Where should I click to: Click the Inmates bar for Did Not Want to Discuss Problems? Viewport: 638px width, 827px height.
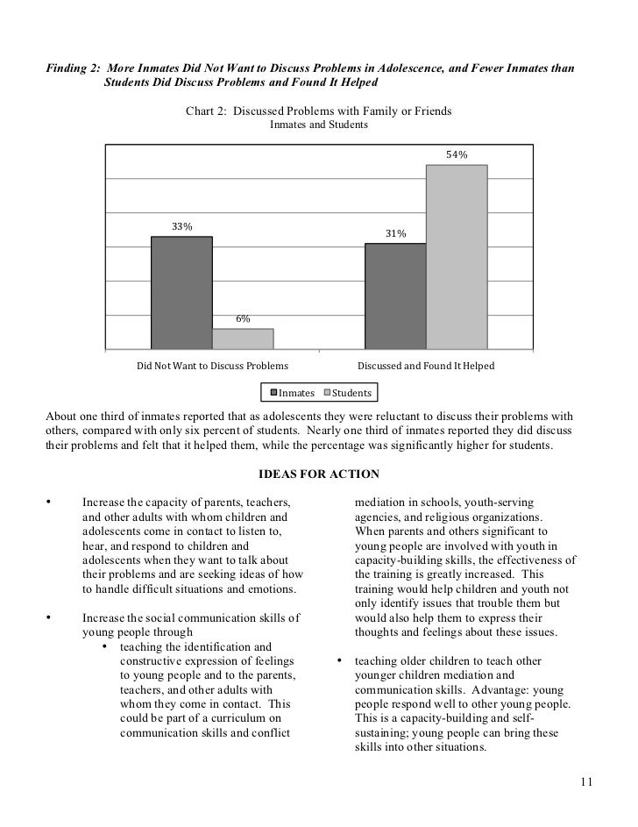pos(181,293)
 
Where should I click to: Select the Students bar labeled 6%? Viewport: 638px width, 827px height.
pos(243,339)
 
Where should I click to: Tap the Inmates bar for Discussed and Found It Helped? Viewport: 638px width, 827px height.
pos(395,296)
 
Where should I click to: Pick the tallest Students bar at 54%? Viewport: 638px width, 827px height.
pos(457,257)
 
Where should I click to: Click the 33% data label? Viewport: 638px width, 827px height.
pos(181,227)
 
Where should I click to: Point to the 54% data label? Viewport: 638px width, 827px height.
pos(457,154)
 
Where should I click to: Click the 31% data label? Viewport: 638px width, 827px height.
pos(395,234)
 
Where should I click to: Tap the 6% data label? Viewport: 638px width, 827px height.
pos(243,319)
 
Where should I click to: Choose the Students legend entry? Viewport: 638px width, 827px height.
pos(349,393)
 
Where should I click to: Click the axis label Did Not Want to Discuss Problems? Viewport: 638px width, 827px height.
pos(212,366)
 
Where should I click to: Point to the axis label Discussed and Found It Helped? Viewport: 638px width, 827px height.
pos(426,366)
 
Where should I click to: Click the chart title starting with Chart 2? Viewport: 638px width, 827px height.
pos(319,111)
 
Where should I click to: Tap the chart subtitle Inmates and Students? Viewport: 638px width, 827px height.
pos(319,125)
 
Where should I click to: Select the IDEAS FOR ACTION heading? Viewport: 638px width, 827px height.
pos(319,474)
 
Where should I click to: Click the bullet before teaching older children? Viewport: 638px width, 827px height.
pos(338,660)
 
